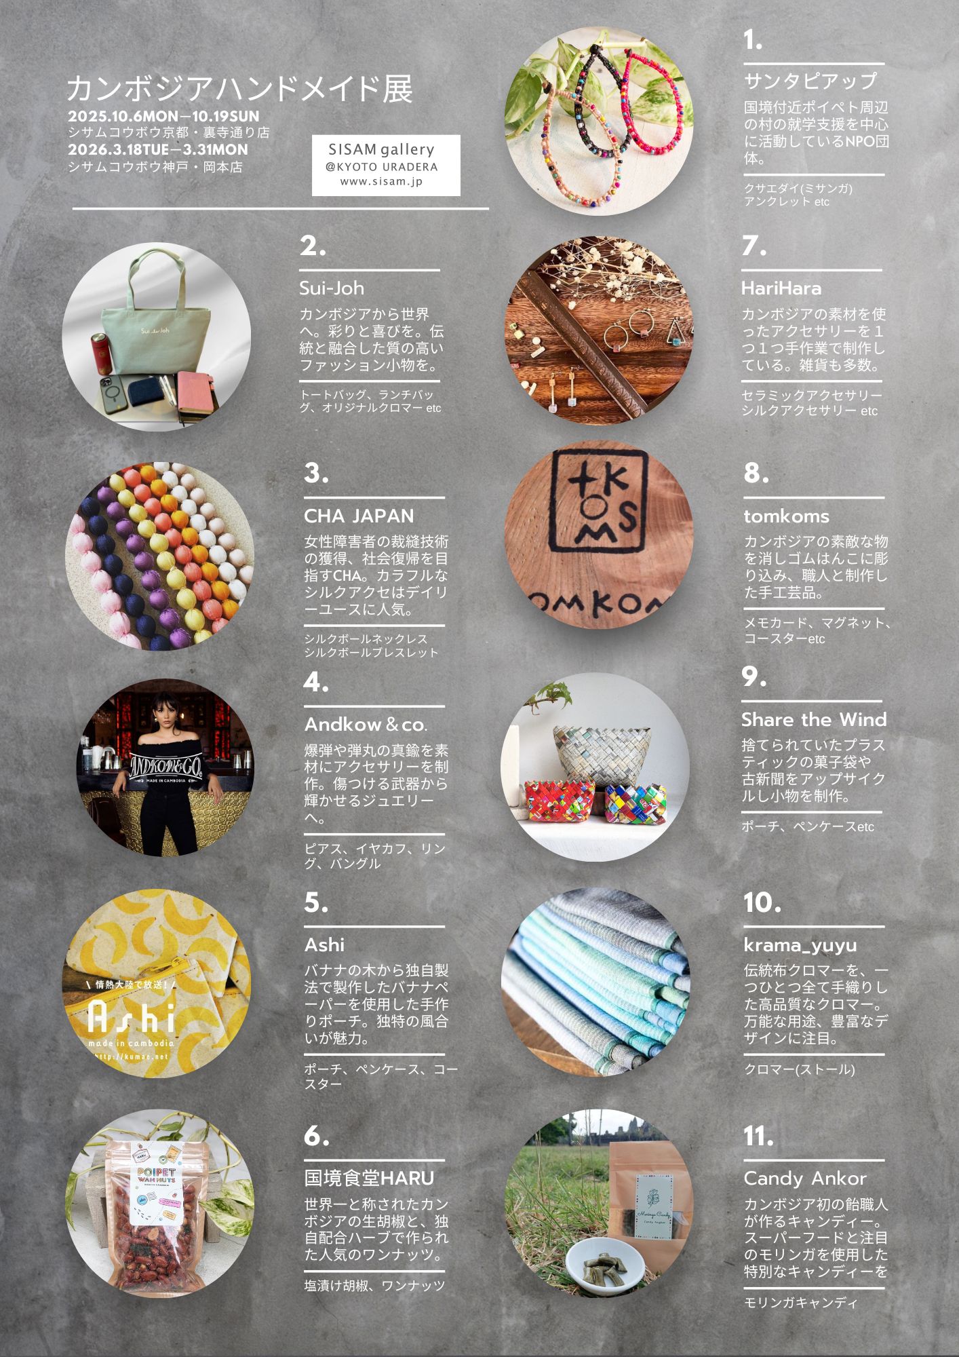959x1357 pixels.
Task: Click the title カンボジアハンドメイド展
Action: tap(239, 89)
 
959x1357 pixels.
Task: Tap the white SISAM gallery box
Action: tap(386, 166)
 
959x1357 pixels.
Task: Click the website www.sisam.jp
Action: tap(381, 182)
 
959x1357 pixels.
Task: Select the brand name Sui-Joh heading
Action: tap(332, 288)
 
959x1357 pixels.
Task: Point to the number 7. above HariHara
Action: tap(754, 246)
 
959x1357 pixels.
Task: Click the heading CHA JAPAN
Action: tap(359, 516)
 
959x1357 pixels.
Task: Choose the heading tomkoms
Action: tap(786, 516)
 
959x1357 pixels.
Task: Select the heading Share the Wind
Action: tap(814, 719)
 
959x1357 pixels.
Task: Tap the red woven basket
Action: tap(560, 800)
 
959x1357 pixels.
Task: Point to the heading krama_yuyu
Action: tap(800, 945)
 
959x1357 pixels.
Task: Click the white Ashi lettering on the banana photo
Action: tap(132, 1016)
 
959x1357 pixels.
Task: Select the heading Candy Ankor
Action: tap(805, 1179)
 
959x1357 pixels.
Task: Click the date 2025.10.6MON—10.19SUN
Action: tap(163, 116)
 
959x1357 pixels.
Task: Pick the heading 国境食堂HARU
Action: tap(369, 1178)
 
